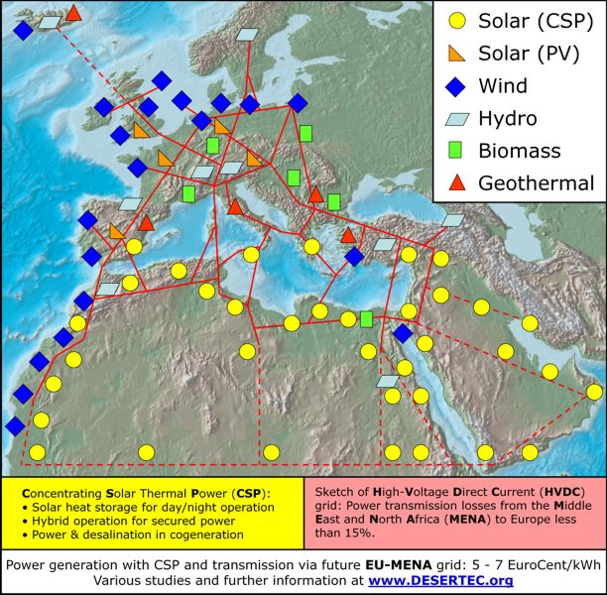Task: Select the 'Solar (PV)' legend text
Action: click(529, 53)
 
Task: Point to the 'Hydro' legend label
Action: click(508, 118)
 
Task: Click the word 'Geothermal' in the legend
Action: click(536, 183)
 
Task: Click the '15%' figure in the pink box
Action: click(357, 534)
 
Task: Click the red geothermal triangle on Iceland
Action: click(73, 13)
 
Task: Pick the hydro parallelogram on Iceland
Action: click(48, 21)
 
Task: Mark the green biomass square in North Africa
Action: click(367, 318)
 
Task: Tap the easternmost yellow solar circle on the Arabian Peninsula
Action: click(594, 393)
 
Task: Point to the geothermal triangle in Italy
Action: click(235, 207)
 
